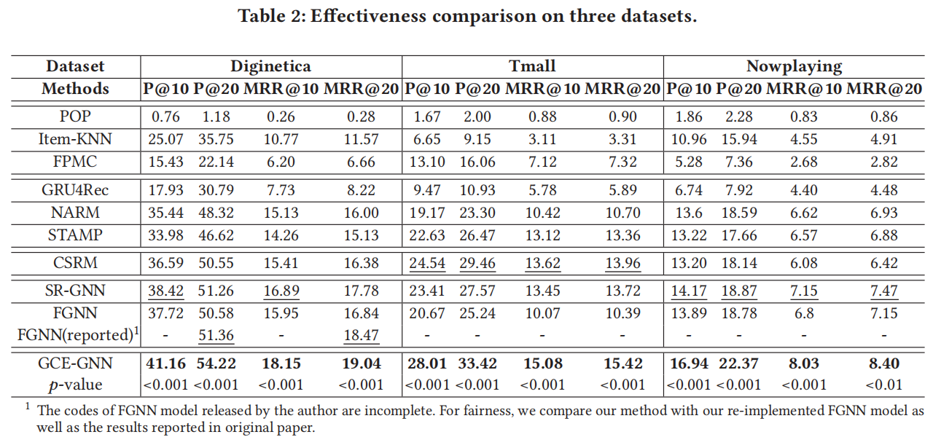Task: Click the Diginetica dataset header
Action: click(x=270, y=66)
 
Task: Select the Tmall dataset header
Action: click(x=532, y=66)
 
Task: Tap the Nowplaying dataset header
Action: click(x=794, y=66)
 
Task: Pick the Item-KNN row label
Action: click(x=75, y=139)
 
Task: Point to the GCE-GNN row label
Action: click(x=75, y=363)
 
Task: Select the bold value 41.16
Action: click(x=166, y=363)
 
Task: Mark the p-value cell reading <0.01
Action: click(x=884, y=385)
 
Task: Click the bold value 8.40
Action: click(x=884, y=363)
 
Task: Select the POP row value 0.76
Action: click(x=166, y=117)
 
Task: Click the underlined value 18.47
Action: click(x=361, y=336)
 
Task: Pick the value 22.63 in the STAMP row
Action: click(x=427, y=236)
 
